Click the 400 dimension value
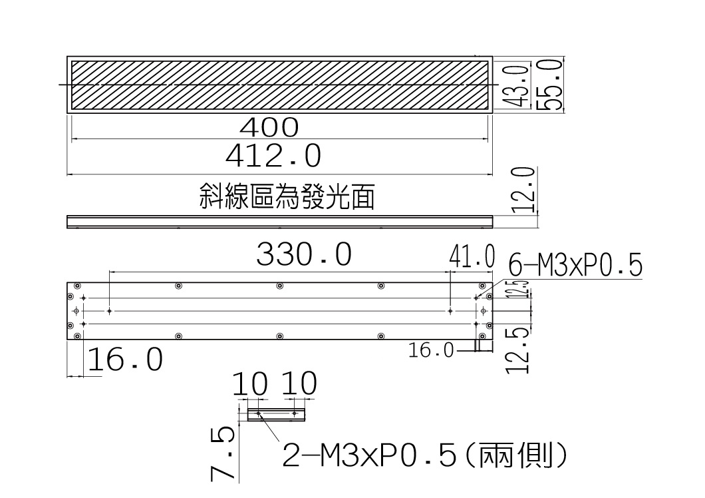269,127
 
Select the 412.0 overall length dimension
273,156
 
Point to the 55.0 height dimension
550,84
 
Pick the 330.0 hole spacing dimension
304,254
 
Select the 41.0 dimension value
472,256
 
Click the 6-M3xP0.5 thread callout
575,264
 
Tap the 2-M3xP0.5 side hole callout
424,455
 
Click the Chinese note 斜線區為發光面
287,197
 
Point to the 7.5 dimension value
223,454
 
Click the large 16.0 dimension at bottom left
125,359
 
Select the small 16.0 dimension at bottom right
431,350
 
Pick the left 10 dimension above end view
250,383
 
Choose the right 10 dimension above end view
299,383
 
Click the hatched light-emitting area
279,85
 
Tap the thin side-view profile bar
279,222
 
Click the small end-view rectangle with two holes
276,414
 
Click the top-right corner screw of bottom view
482,286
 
